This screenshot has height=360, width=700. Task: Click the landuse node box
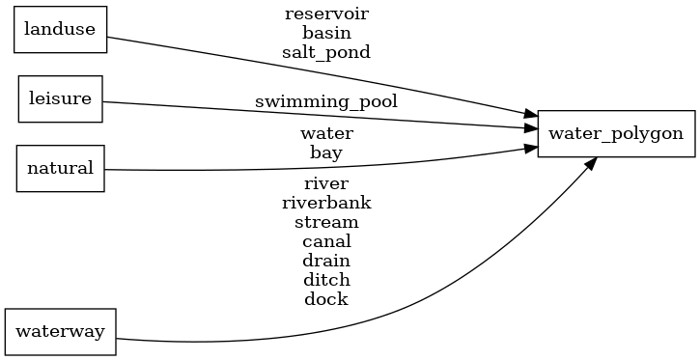click(x=59, y=29)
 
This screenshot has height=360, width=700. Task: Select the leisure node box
click(x=61, y=98)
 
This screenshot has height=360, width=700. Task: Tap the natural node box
click(x=60, y=168)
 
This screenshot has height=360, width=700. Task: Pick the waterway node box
click(x=61, y=332)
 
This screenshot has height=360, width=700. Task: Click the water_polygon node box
click(x=615, y=133)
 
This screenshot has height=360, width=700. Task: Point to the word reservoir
click(x=326, y=14)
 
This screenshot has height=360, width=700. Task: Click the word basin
click(x=326, y=33)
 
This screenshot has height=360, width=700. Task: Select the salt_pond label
click(x=326, y=52)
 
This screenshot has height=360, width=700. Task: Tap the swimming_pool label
click(x=326, y=100)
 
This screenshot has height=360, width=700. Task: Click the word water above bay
click(x=326, y=133)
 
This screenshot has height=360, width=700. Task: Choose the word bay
click(x=326, y=152)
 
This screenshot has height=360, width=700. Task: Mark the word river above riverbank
click(x=326, y=182)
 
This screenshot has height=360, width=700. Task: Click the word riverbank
click(x=326, y=202)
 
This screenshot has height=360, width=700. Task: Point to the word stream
click(x=326, y=221)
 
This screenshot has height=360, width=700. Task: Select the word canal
click(x=326, y=240)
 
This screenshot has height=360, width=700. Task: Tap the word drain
click(x=326, y=260)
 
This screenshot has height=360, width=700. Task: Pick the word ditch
click(x=326, y=279)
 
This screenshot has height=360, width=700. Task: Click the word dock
click(x=326, y=298)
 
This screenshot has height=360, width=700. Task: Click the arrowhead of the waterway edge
click(x=588, y=164)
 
